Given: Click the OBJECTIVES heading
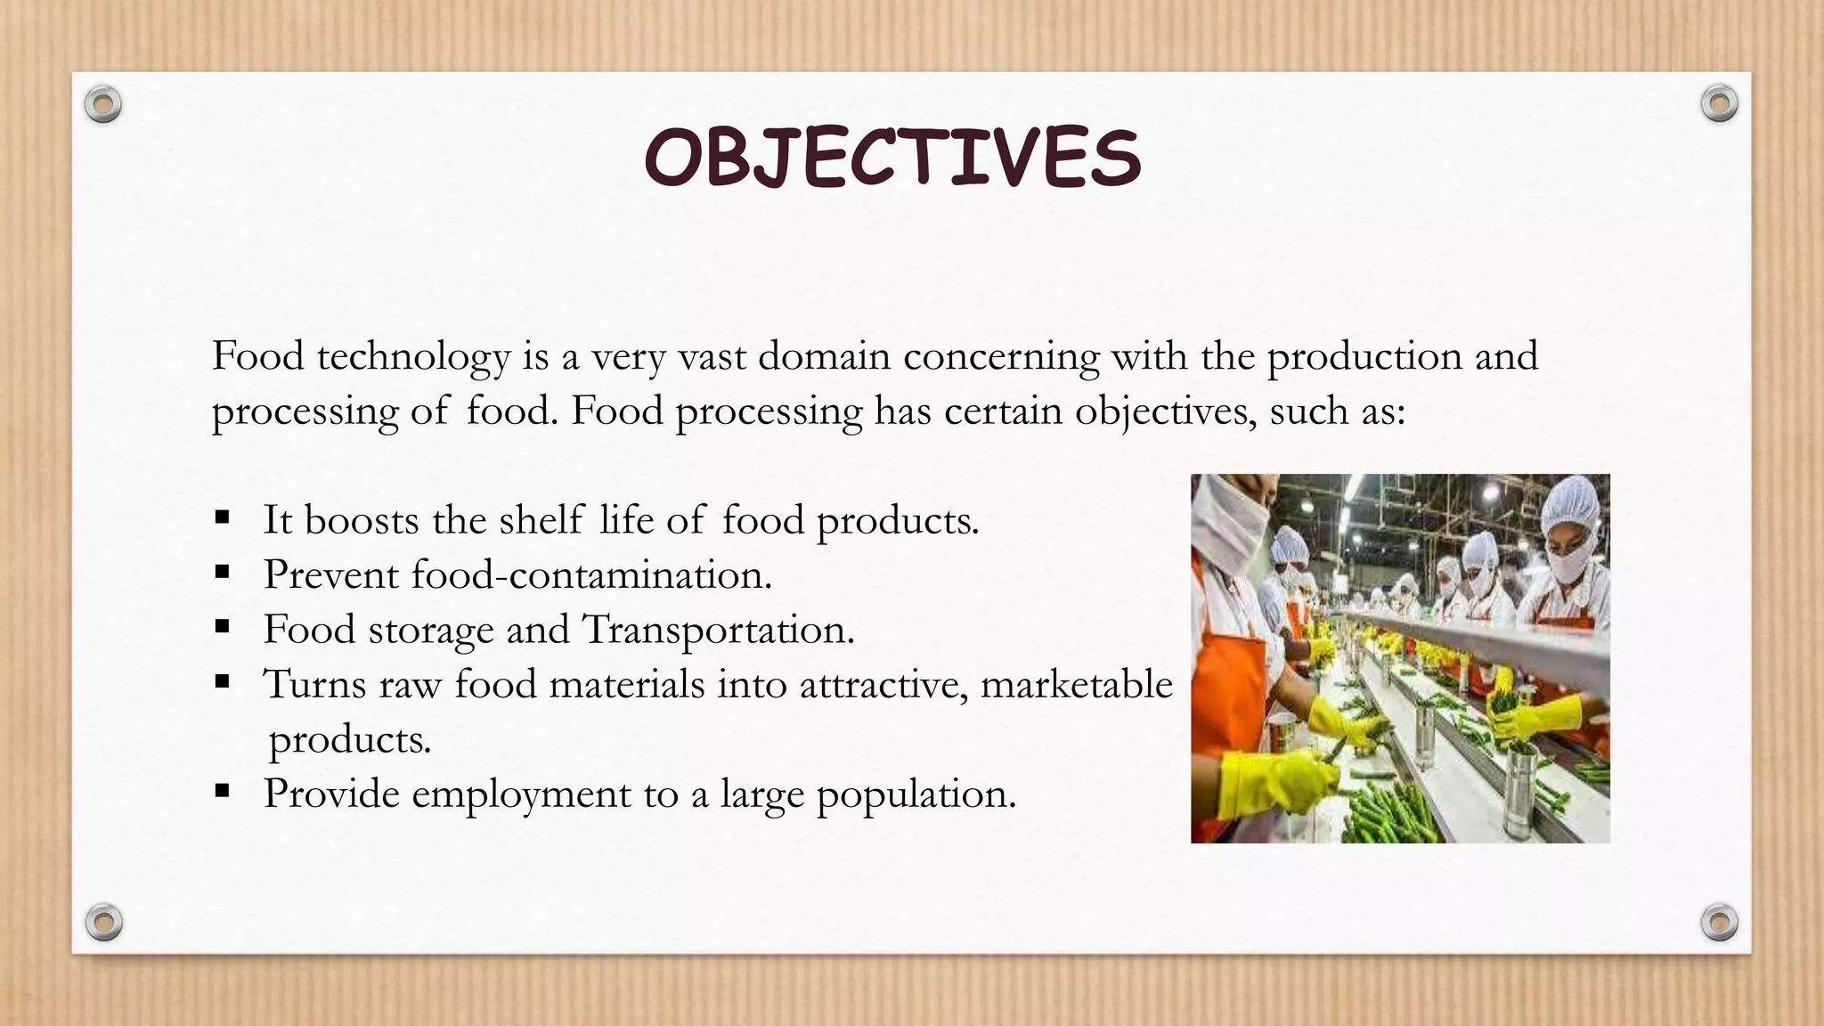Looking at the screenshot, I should pos(892,158).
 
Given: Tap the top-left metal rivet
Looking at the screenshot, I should pos(103,105).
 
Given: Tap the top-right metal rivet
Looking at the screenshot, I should pos(1719,104).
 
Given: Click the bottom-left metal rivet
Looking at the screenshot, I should pos(103,922).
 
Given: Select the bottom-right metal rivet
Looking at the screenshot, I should pos(1719,922).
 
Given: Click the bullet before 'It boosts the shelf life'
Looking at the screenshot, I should pos(223,517).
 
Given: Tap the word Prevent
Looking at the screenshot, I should pos(330,574).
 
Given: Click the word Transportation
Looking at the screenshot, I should pos(718,631).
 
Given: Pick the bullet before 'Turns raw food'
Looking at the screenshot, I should pos(223,683).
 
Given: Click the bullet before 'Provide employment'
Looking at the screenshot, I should pos(223,791).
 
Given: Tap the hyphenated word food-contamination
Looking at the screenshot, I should pos(590,574).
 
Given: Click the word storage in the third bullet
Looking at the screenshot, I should pos(430,631).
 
